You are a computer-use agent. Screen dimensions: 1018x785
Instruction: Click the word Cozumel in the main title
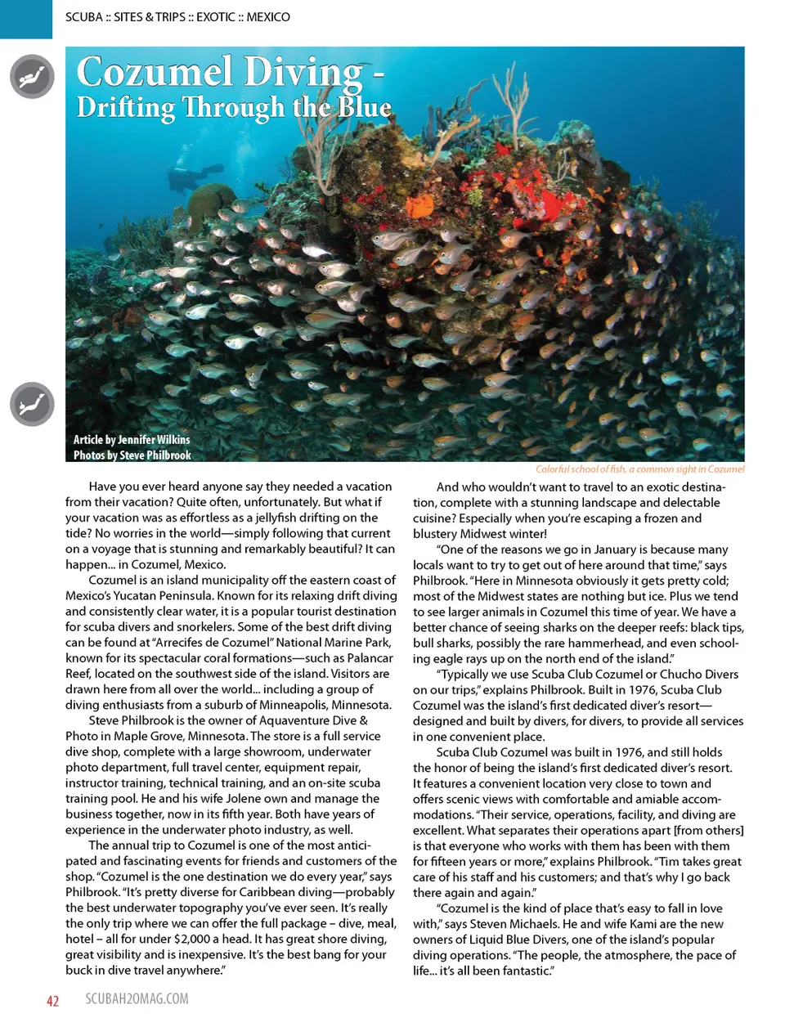[x=155, y=72]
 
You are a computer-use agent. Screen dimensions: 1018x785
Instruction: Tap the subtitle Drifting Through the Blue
[x=234, y=107]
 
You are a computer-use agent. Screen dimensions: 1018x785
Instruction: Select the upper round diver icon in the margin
[x=32, y=77]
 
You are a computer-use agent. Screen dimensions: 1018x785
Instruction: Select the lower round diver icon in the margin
[x=32, y=404]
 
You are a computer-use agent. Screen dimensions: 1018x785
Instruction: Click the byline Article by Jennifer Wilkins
[x=132, y=439]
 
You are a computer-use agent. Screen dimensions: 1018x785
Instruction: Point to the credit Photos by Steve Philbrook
[x=132, y=455]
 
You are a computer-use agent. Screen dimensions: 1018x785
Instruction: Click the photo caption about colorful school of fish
[x=639, y=469]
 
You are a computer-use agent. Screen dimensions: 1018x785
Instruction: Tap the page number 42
[x=52, y=1001]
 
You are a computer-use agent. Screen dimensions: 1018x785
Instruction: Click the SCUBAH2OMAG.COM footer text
[x=137, y=999]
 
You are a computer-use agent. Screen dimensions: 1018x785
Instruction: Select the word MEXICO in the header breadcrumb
[x=268, y=16]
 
